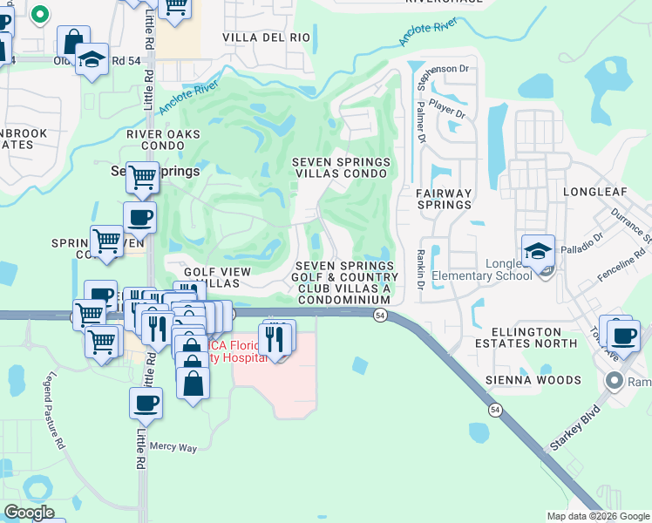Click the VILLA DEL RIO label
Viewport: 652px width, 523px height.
coord(266,37)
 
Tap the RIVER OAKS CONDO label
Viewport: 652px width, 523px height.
coord(163,140)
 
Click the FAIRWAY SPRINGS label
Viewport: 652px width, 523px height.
coord(443,199)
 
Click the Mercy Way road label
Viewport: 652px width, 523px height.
coord(173,448)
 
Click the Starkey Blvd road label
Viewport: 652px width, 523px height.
coord(575,428)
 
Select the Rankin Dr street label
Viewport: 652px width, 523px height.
coord(420,269)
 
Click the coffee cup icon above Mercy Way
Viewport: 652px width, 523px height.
coord(146,403)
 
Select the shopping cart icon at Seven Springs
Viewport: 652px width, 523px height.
coord(142,177)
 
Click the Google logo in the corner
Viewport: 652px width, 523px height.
coord(29,513)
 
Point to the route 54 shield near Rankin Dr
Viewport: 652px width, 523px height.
coord(381,316)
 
